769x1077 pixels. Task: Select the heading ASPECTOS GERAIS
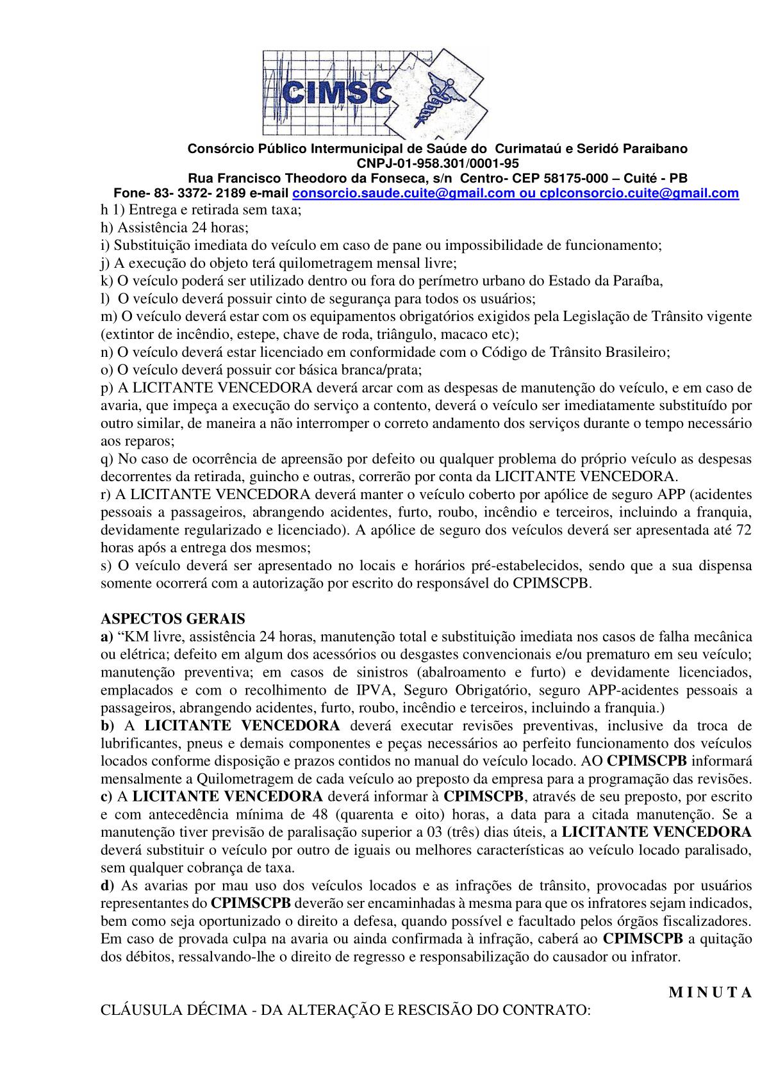[x=173, y=620]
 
